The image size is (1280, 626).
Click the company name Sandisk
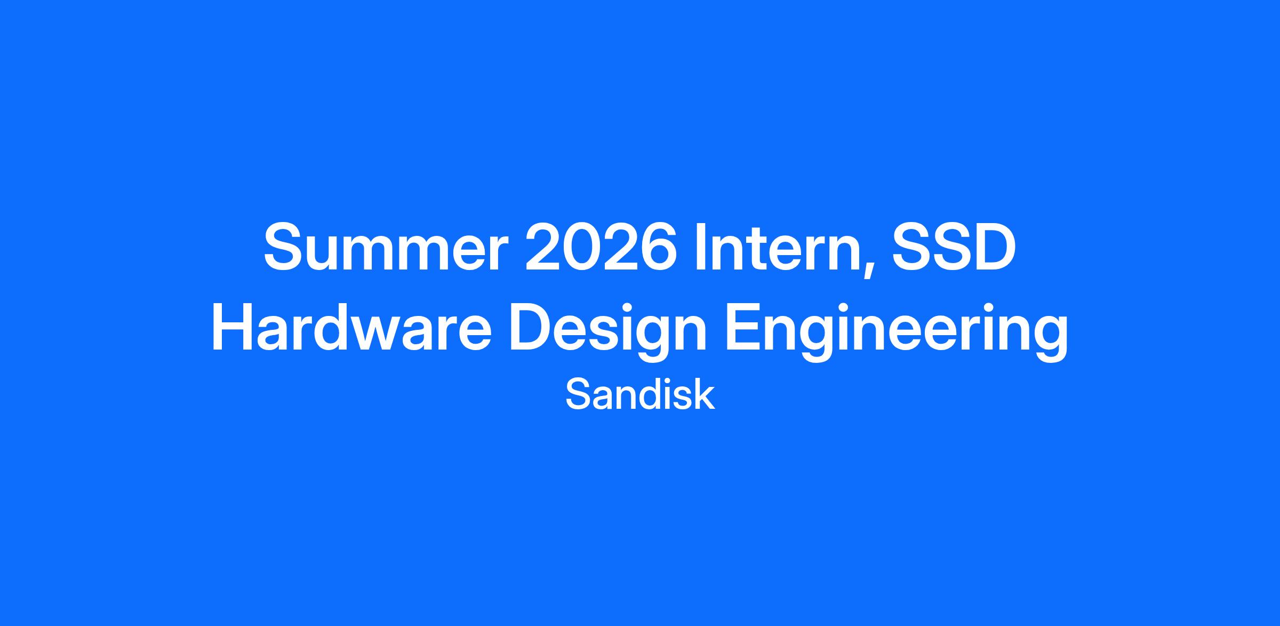pos(640,394)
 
